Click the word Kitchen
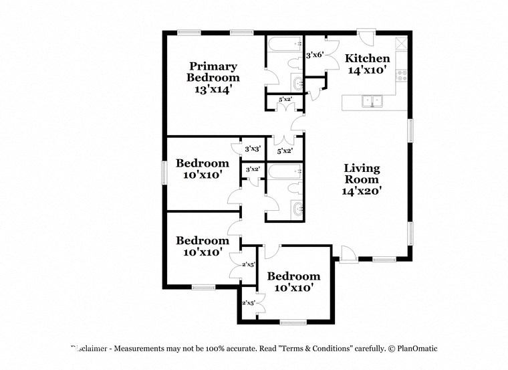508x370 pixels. [367, 58]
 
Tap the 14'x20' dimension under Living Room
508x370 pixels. [362, 191]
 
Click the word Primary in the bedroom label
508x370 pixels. [213, 66]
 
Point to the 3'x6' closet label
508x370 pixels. [314, 56]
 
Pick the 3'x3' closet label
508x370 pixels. [252, 149]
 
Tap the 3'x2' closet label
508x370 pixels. [252, 169]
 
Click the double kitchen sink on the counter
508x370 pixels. [371, 102]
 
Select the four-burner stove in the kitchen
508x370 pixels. [403, 75]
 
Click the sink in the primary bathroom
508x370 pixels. [298, 84]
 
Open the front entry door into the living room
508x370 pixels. [348, 254]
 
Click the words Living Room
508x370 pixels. [362, 173]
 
